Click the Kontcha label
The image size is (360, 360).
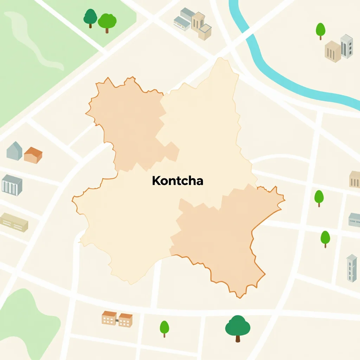point(178,181)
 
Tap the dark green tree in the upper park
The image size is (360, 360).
point(90,17)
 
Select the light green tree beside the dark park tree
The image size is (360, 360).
point(107,22)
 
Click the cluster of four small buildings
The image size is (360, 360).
point(193,23)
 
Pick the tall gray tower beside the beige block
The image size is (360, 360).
point(346,46)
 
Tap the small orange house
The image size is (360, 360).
point(33,155)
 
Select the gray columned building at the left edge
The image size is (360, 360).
point(12,185)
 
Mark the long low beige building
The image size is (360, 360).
point(14,222)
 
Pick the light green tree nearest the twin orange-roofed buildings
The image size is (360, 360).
point(164,328)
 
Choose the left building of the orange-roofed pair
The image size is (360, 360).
point(109,318)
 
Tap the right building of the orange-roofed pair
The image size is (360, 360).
point(126,320)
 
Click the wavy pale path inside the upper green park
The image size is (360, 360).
point(35,42)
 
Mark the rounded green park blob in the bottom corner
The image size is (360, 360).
point(25,323)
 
